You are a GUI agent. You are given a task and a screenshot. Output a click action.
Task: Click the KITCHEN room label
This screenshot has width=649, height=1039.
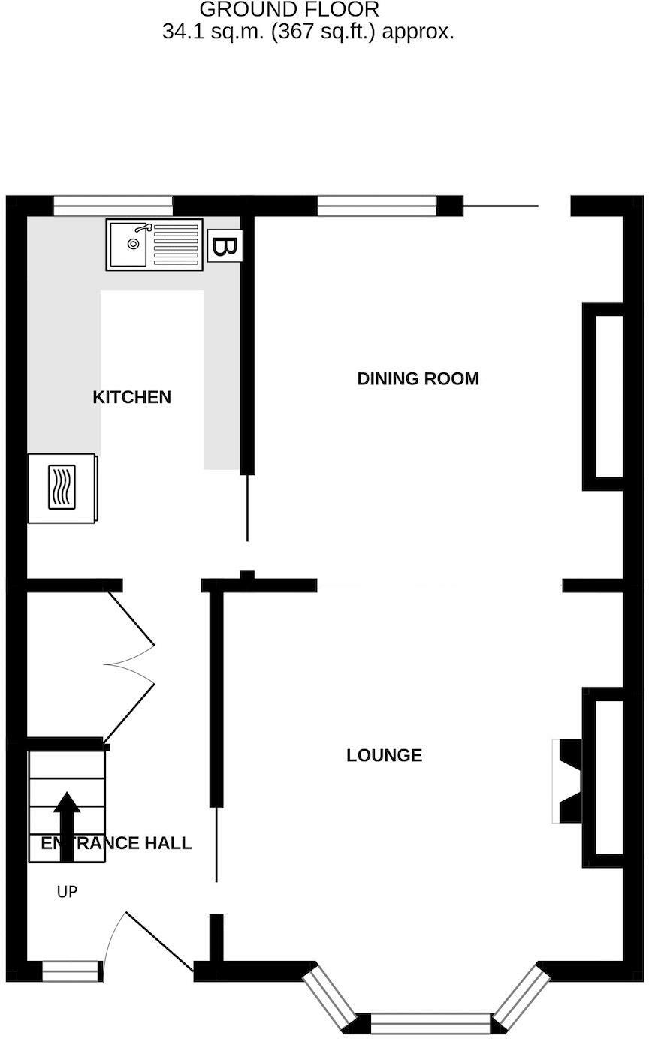pyautogui.click(x=131, y=397)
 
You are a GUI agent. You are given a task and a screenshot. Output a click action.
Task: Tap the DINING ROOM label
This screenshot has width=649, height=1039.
pyautogui.click(x=418, y=378)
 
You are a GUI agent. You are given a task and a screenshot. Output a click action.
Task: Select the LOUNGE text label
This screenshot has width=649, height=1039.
pyautogui.click(x=384, y=755)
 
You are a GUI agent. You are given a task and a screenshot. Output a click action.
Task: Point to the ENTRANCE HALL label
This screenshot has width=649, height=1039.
pyautogui.click(x=116, y=843)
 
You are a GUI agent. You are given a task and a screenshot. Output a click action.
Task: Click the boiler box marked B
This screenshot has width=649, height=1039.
pyautogui.click(x=224, y=246)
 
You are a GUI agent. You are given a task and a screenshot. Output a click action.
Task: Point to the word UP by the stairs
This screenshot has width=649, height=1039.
pyautogui.click(x=67, y=892)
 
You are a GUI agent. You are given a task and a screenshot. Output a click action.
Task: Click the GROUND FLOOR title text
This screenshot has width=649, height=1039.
pyautogui.click(x=289, y=10)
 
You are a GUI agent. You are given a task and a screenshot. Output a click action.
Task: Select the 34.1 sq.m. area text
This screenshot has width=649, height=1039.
pyautogui.click(x=308, y=32)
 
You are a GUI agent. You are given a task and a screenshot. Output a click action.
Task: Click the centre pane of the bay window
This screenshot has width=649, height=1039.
pyautogui.click(x=430, y=1023)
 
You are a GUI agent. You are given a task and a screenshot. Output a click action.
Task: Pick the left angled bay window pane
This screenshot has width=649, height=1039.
pyautogui.click(x=328, y=998)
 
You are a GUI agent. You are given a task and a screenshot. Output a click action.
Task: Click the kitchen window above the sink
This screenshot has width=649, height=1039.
pyautogui.click(x=113, y=206)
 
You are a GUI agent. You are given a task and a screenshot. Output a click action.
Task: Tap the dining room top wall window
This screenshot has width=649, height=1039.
pyautogui.click(x=376, y=206)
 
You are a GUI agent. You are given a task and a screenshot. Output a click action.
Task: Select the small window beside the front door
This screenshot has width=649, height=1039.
pyautogui.click(x=71, y=971)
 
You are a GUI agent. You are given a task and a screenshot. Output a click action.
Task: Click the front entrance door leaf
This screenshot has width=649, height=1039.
pyautogui.click(x=160, y=943)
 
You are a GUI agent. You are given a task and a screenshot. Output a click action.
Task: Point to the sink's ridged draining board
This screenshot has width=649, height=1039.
pyautogui.click(x=177, y=243)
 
